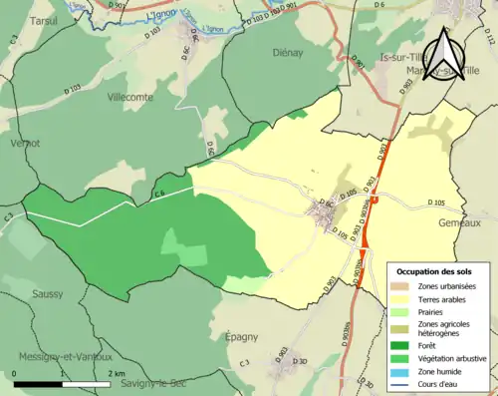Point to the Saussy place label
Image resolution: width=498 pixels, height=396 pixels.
coord(47,294)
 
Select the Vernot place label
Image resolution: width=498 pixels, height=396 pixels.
coord(22,143)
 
